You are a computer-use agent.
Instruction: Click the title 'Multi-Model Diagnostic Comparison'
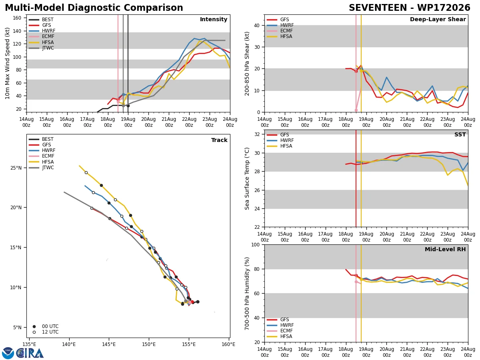tap(94, 8)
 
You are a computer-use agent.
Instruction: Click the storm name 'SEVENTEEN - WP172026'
tap(409, 8)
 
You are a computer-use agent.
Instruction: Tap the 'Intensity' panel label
tap(214, 19)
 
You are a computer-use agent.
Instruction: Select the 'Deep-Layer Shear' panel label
tap(438, 19)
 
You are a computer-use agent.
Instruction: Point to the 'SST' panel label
tap(460, 134)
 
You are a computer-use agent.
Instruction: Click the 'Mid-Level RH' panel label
tap(445, 249)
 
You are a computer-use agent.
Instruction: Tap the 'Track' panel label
tap(219, 140)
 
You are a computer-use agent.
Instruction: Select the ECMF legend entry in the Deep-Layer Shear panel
tap(280, 31)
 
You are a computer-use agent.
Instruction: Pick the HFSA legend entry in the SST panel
tap(280, 146)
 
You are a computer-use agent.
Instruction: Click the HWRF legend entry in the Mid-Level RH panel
tap(280, 325)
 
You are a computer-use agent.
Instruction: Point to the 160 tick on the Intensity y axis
tap(17, 18)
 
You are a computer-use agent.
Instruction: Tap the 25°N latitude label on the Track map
tap(16, 168)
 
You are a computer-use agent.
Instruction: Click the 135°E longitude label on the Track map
tap(29, 344)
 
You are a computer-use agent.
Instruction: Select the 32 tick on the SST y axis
tap(257, 134)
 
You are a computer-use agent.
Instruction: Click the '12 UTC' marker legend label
tap(50, 332)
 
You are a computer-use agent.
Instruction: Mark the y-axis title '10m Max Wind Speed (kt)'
tap(7, 63)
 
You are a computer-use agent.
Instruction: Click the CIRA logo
tap(23, 353)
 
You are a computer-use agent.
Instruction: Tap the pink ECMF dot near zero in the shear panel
tap(356, 110)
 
